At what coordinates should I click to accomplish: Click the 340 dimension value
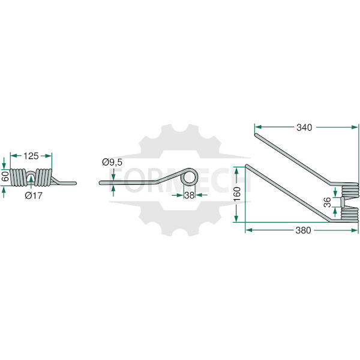[x=304, y=127]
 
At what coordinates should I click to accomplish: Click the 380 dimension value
[x=303, y=230]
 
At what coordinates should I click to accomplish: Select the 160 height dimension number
[x=237, y=194]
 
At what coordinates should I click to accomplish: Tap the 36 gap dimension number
[x=328, y=202]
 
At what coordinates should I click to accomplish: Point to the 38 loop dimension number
[x=190, y=196]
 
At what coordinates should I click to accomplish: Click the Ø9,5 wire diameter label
[x=112, y=163]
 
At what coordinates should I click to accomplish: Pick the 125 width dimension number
[x=31, y=156]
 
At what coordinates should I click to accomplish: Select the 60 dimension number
[x=5, y=176]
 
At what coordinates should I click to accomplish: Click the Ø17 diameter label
[x=34, y=196]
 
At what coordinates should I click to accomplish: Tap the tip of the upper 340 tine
[x=256, y=135]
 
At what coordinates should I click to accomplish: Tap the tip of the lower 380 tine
[x=247, y=166]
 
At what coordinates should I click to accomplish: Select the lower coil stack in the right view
[x=350, y=214]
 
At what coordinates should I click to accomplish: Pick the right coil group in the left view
[x=43, y=177]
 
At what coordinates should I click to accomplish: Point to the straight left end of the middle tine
[x=101, y=183]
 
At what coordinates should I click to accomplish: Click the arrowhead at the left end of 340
[x=258, y=127]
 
